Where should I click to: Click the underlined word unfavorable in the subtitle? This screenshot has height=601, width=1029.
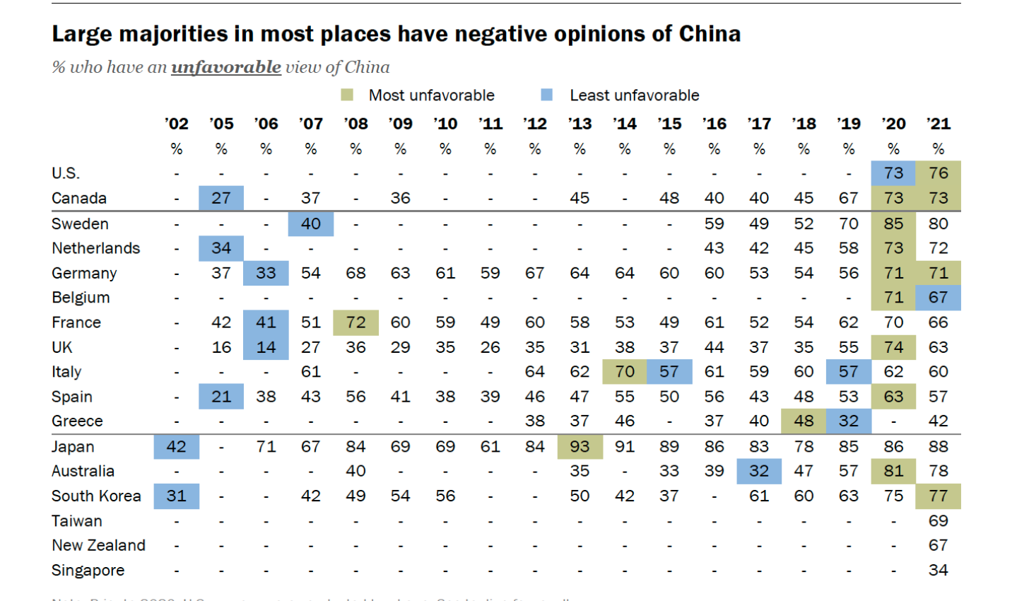point(226,67)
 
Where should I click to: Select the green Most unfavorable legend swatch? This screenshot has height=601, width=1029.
point(347,95)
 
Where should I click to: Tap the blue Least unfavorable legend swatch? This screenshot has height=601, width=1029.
point(546,95)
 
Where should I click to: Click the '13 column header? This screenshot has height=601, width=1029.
point(580,124)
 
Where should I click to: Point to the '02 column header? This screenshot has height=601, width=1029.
point(177,124)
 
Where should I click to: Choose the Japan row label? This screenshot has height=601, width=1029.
point(73,447)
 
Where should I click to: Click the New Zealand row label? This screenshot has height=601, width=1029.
point(98,545)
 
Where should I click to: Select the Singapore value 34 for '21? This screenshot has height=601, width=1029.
point(938,570)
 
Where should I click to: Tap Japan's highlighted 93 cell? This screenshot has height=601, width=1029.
point(580,447)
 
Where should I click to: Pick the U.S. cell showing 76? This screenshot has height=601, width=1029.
point(938,173)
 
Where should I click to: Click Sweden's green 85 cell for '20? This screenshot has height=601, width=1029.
point(893,223)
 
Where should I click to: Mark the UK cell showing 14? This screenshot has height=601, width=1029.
point(266,347)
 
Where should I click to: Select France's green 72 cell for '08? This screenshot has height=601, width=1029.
point(355,322)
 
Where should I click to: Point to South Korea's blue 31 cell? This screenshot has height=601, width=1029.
point(177,496)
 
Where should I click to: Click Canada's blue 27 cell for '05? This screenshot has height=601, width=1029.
point(221,198)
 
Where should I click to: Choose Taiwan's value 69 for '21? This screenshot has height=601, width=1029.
point(938,521)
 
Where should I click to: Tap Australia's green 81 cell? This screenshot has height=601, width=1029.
point(893,471)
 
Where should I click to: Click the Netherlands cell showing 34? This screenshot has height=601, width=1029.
point(221,248)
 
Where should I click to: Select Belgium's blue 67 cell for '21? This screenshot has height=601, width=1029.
point(938,298)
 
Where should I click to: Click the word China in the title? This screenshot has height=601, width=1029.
point(710,34)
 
